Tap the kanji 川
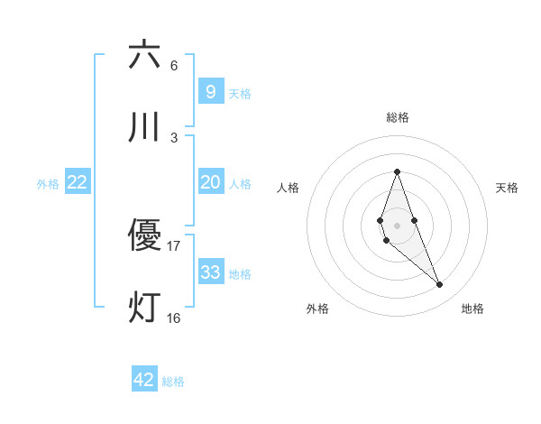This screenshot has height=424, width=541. (x=144, y=127)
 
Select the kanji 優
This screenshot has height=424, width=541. (x=144, y=235)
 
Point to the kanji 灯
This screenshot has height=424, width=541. (x=144, y=308)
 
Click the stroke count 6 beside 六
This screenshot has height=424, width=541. (x=174, y=65)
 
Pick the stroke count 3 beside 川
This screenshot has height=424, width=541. (x=174, y=137)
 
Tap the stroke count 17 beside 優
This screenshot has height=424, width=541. (x=174, y=245)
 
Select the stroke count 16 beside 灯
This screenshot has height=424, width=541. (x=174, y=318)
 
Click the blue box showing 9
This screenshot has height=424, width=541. (x=210, y=91)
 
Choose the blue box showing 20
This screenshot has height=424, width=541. (x=210, y=182)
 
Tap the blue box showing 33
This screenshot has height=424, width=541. (x=210, y=272)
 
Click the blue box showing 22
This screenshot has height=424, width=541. (x=78, y=182)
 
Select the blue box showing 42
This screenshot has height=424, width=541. (x=144, y=380)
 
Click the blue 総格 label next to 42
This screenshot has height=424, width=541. (x=173, y=382)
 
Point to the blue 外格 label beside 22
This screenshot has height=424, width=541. (x=48, y=184)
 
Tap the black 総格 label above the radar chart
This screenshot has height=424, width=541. (x=397, y=117)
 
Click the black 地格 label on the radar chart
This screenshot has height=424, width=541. (x=472, y=309)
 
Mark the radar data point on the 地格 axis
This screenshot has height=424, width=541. (x=440, y=285)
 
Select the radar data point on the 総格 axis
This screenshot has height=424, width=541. (x=397, y=171)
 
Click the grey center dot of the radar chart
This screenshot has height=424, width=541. (x=397, y=225)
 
